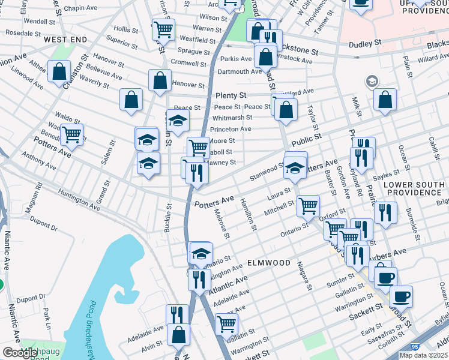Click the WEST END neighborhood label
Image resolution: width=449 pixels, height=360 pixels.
click(65, 40)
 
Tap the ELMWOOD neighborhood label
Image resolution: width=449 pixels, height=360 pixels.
click(269, 263)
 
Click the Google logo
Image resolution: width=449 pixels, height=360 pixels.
click(20, 353)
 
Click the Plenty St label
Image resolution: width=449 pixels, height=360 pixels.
click(231, 95)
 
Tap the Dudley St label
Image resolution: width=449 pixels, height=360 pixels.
click(365, 43)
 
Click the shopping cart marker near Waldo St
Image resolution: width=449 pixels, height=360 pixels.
click(71, 134)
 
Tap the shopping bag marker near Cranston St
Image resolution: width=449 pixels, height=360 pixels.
click(59, 72)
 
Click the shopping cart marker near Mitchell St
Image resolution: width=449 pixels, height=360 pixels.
click(308, 206)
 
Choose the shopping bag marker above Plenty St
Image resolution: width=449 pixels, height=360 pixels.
click(160, 80)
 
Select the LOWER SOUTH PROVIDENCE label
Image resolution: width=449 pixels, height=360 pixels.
click(415, 188)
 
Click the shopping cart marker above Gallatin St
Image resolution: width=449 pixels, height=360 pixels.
click(226, 324)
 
